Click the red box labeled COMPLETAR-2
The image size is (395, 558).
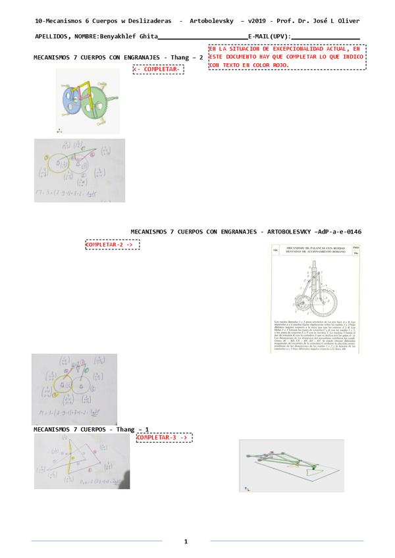[113, 244]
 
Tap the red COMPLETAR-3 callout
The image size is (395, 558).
[164, 437]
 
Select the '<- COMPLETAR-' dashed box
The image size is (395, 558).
[157, 69]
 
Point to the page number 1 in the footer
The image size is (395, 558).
[186, 541]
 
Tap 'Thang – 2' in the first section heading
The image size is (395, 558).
[188, 58]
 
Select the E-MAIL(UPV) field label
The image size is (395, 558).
[269, 37]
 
